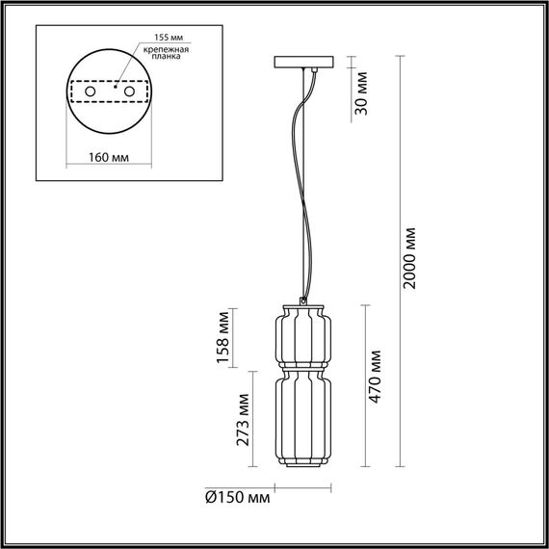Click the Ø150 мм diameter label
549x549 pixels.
pyautogui.click(x=238, y=498)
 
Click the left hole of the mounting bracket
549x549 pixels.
pyautogui.click(x=90, y=91)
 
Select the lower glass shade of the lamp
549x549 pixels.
pyautogui.click(x=300, y=417)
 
